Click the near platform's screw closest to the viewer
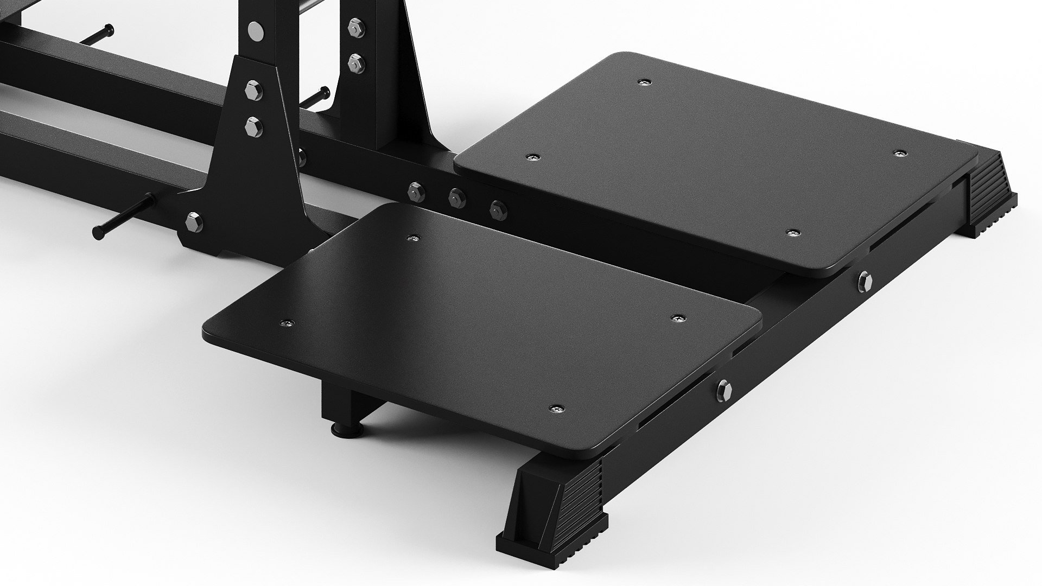coord(556,409)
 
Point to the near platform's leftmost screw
coord(286,324)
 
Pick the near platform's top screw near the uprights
coord(414,238)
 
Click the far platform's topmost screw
coord(644,82)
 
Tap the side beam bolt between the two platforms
coord(864,281)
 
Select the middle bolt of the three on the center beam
coord(456,198)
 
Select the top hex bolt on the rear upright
coord(356,25)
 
